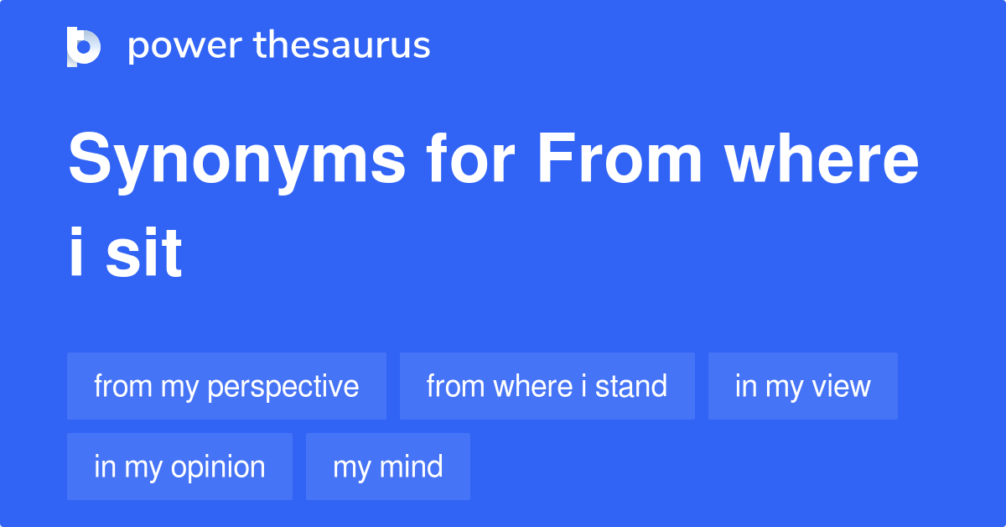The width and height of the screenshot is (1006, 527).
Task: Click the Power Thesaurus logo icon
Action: point(84,46)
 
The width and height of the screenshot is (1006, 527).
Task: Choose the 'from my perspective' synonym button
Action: point(226,386)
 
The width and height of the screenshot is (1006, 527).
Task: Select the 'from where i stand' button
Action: point(547,386)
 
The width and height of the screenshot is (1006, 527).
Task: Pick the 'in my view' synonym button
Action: point(802,386)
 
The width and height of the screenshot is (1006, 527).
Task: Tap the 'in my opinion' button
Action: point(179,467)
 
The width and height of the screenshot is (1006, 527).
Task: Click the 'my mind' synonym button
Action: point(387,467)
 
